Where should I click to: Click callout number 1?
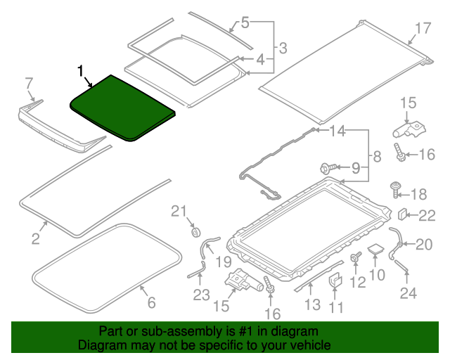(x=81, y=70)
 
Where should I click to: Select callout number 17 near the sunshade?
(x=421, y=29)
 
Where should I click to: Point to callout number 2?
(x=36, y=238)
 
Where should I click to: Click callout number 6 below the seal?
(x=150, y=303)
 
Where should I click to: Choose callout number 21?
(x=179, y=210)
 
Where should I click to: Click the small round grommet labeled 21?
(x=195, y=231)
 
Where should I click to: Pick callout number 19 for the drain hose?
(x=223, y=262)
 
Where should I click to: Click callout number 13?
(x=312, y=304)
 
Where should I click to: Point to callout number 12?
(x=359, y=282)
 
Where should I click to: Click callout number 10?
(x=377, y=275)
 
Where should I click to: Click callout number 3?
(x=282, y=49)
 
